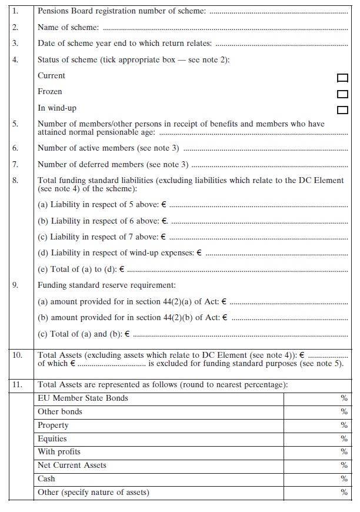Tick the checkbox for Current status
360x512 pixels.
pyautogui.click(x=342, y=78)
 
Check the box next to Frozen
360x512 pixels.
pyautogui.click(x=342, y=94)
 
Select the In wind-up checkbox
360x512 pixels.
pyautogui.click(x=342, y=109)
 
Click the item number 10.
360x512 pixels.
pyautogui.click(x=18, y=355)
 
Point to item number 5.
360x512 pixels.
pyautogui.click(x=16, y=124)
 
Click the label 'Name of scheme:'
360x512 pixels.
pyautogui.click(x=68, y=27)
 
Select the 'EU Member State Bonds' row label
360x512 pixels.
pyautogui.click(x=83, y=398)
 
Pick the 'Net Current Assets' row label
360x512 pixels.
pyautogui.click(x=72, y=466)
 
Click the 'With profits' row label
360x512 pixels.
pyautogui.click(x=59, y=452)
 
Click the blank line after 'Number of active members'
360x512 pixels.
pyautogui.click(x=265, y=149)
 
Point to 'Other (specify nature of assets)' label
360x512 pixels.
pyautogui.click(x=94, y=493)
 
